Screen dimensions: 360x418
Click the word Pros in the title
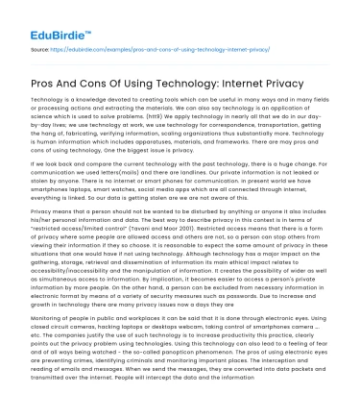click(x=47, y=80)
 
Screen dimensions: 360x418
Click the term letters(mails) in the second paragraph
click(x=114, y=176)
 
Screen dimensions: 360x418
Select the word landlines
click(x=197, y=176)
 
